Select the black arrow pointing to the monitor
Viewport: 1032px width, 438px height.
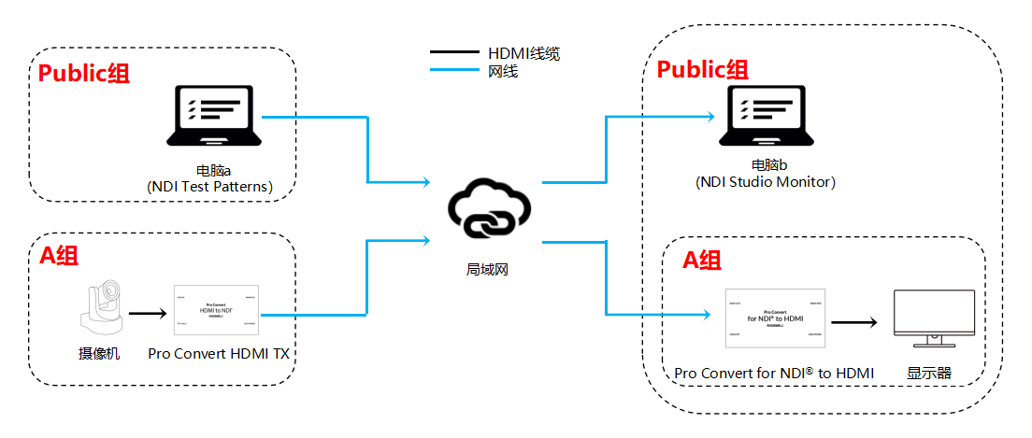coord(853,322)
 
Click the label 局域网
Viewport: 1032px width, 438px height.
coord(488,269)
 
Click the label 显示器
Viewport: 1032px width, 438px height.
coord(928,374)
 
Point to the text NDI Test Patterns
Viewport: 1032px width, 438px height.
coord(209,187)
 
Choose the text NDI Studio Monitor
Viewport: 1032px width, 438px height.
coord(765,182)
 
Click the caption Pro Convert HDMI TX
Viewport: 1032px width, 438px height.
coord(218,355)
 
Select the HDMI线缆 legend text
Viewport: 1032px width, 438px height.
coord(523,53)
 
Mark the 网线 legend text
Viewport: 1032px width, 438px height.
coord(503,70)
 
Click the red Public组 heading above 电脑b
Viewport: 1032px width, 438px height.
coord(702,70)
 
